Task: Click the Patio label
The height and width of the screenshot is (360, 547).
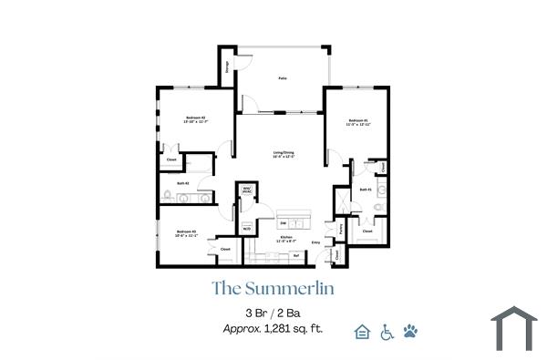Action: click(x=283, y=79)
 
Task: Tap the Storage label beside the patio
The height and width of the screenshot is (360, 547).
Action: click(x=227, y=67)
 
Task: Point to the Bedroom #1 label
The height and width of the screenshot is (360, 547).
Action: click(x=357, y=121)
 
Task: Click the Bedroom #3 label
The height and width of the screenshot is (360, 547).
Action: click(x=187, y=234)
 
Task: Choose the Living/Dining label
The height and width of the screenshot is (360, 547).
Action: click(x=284, y=153)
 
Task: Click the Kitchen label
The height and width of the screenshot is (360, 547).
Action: click(x=285, y=238)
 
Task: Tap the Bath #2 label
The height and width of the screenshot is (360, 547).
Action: click(x=183, y=182)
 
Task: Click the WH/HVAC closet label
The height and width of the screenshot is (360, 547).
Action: click(x=245, y=191)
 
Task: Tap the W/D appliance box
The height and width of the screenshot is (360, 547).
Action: click(x=247, y=228)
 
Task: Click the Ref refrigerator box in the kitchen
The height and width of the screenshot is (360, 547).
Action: click(x=296, y=255)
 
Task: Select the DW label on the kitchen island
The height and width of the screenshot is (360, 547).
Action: click(x=284, y=222)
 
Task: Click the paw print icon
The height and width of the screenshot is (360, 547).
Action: click(x=410, y=330)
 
